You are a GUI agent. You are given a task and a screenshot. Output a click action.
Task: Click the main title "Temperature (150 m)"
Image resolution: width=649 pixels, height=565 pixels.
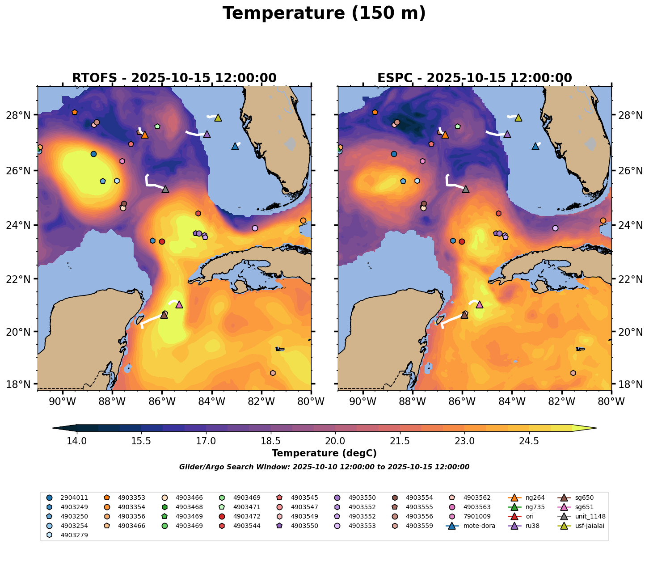point(324,13)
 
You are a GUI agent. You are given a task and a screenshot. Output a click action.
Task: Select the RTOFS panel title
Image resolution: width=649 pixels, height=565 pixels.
point(174,78)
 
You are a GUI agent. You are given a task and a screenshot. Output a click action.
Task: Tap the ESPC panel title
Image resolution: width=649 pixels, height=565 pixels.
point(474,78)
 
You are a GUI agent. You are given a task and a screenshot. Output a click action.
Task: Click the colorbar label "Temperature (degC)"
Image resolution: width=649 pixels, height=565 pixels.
point(324,453)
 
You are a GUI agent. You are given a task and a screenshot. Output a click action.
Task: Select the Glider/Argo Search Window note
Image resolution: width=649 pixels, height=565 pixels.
point(324,467)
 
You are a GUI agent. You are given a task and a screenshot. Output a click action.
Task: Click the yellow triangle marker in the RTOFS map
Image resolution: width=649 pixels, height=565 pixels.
point(218,118)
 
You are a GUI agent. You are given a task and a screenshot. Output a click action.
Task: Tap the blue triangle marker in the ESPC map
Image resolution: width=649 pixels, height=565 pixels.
point(535,146)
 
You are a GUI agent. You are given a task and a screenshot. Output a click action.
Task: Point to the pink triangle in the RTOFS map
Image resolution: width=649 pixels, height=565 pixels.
point(179,304)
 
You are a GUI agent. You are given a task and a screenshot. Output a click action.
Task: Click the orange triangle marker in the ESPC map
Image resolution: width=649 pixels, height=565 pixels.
point(445,135)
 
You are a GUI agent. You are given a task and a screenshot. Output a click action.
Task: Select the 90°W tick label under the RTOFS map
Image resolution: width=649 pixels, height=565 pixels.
point(62,401)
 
